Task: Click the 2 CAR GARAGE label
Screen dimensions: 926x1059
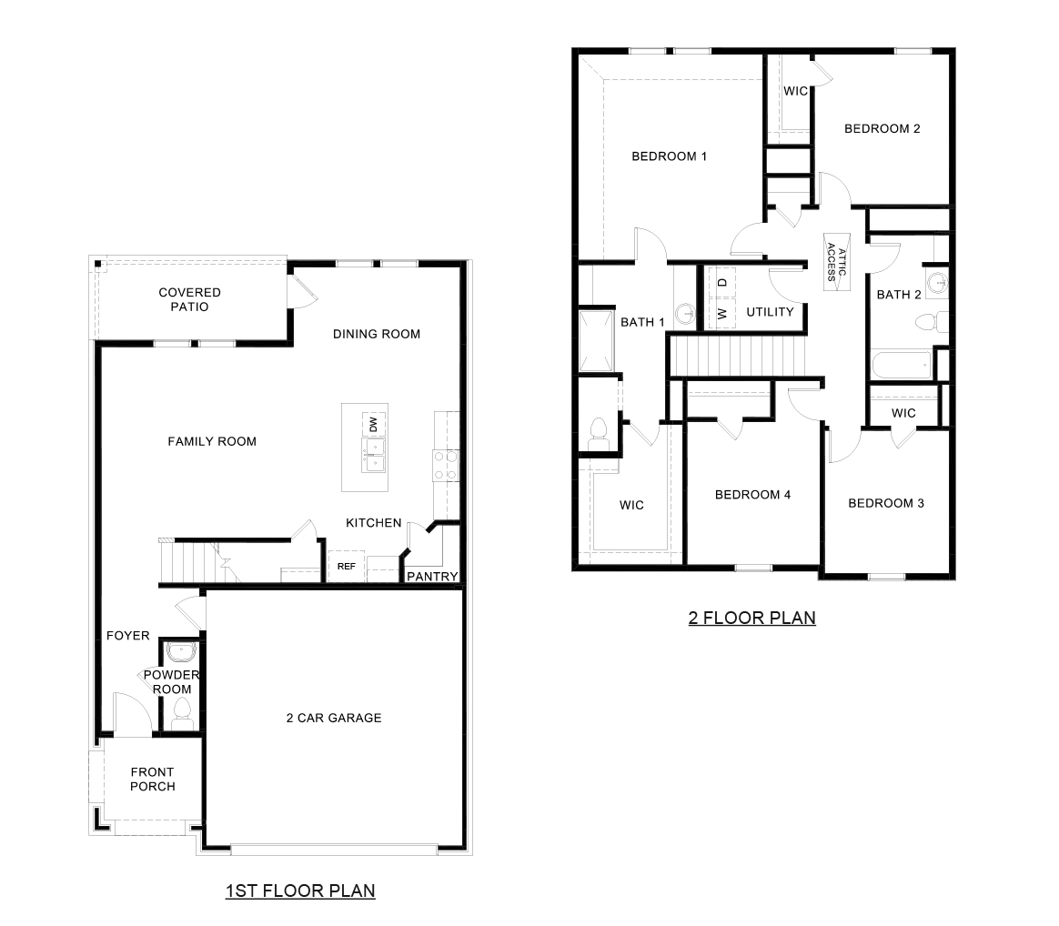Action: click(334, 718)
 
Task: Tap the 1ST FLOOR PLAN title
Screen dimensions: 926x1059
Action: click(300, 891)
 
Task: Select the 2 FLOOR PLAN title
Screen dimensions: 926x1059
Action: click(751, 619)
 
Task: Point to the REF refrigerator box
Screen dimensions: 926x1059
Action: click(346, 566)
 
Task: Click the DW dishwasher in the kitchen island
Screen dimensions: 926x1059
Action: click(373, 423)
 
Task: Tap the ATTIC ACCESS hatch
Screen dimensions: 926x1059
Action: click(836, 262)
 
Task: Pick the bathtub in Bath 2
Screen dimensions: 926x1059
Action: click(902, 366)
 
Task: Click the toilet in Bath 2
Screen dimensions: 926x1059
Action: click(929, 322)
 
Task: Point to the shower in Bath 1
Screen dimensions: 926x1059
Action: click(597, 342)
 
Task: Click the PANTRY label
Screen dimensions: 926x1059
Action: click(431, 577)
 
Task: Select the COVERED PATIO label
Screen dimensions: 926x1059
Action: click(189, 299)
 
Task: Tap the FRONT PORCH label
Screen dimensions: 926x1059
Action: click(152, 779)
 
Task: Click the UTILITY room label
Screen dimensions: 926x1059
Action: click(770, 312)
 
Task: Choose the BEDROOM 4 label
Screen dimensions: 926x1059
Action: click(752, 495)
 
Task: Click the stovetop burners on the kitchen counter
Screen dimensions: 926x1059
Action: click(444, 466)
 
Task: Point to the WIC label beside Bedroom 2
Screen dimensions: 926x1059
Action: click(796, 91)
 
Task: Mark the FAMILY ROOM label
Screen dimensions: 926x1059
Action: click(212, 441)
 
